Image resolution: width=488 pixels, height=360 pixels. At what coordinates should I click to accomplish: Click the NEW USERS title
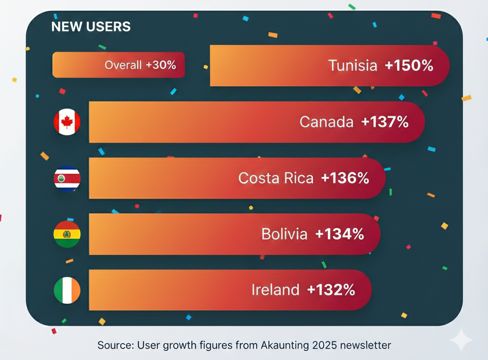tap(91, 27)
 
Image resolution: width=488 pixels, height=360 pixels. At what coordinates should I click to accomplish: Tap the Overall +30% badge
tap(118, 65)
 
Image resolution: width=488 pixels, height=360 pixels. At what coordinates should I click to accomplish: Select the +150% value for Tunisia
tap(409, 66)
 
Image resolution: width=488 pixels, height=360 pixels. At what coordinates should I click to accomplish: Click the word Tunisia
tap(353, 66)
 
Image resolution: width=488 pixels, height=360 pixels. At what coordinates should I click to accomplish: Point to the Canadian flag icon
tap(67, 122)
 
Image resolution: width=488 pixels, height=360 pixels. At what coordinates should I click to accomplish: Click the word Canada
tap(326, 122)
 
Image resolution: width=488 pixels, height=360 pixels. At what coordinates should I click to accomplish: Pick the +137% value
tap(385, 122)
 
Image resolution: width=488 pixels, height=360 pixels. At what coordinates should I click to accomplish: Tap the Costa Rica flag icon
tap(67, 179)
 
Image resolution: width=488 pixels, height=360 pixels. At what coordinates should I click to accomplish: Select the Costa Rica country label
tap(276, 178)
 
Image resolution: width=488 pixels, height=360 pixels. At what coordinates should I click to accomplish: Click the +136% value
tap(345, 178)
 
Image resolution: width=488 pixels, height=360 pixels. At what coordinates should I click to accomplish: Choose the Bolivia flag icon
tap(67, 234)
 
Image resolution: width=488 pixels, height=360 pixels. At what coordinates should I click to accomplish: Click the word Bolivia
tap(285, 234)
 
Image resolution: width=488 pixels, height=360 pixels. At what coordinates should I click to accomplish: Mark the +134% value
tap(340, 234)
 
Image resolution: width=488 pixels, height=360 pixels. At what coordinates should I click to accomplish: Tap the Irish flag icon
tap(67, 290)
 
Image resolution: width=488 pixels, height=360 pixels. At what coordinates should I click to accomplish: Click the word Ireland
tap(275, 290)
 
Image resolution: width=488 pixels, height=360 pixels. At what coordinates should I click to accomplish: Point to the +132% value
tap(331, 290)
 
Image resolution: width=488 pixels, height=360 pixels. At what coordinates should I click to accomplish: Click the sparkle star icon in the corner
tap(461, 340)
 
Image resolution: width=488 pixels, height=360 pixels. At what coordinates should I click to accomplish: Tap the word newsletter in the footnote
tap(367, 345)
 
